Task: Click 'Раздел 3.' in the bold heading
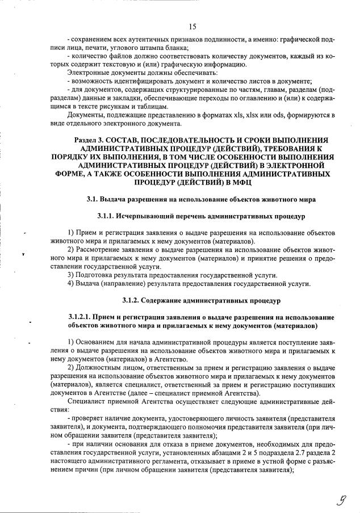coord(92,140)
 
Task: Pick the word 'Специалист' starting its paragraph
coord(85,401)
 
